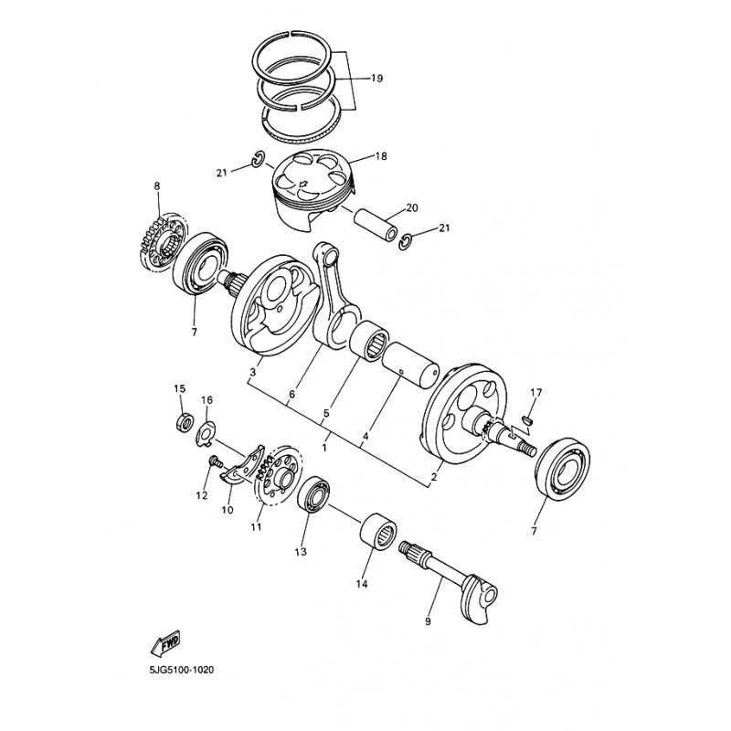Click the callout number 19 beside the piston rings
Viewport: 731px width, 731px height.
[376, 79]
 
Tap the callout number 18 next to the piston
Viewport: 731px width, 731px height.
[381, 156]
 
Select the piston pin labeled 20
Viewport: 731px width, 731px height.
[376, 224]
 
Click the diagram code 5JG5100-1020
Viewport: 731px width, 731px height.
[182, 671]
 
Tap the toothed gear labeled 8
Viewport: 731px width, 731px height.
[164, 242]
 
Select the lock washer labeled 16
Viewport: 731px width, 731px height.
[207, 433]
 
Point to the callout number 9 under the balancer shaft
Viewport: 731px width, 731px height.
[428, 621]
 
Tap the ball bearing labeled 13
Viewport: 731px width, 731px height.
[313, 495]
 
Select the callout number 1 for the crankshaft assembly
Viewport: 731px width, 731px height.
[324, 449]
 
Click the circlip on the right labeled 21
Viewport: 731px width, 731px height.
[406, 241]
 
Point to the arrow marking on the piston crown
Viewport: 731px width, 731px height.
[303, 184]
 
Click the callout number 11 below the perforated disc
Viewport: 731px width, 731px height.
[256, 527]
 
